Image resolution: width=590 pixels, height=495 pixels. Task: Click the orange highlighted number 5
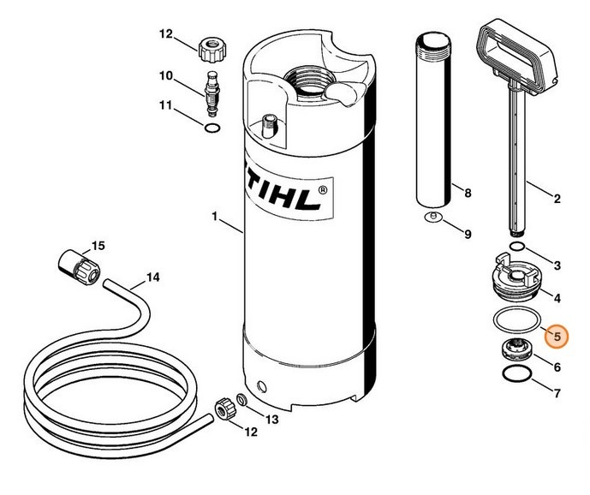tap(557, 337)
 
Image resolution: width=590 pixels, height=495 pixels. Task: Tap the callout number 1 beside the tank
tap(215, 217)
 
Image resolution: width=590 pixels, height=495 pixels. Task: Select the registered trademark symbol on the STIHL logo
tap(323, 190)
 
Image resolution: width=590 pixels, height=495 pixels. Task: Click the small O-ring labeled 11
tap(212, 128)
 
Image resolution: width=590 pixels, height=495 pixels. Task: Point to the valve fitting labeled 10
tap(212, 92)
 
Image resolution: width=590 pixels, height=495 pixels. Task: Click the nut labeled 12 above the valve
tap(212, 50)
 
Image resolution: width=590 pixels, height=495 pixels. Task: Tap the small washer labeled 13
tap(241, 399)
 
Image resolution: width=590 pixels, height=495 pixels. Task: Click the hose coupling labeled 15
tap(80, 268)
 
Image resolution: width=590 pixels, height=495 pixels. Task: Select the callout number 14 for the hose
tap(152, 277)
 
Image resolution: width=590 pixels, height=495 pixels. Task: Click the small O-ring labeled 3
tap(517, 247)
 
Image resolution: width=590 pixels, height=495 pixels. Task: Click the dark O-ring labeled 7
tap(517, 373)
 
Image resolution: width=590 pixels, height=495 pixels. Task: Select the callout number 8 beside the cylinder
tap(468, 194)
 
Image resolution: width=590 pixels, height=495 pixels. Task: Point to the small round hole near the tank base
tap(261, 386)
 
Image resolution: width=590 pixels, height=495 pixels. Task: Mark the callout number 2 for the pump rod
tap(557, 199)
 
